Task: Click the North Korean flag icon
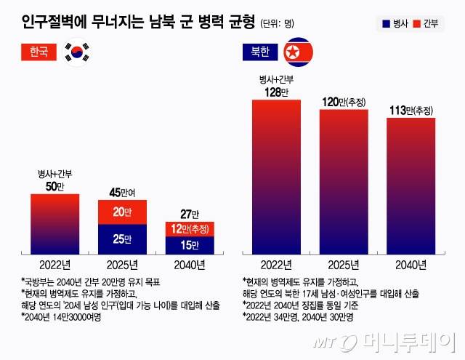point(292,52)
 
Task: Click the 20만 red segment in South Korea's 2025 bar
point(122,212)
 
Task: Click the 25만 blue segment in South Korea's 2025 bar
point(122,238)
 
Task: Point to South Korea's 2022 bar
point(55,223)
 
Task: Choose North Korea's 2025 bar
point(343,181)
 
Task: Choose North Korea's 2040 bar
point(411,185)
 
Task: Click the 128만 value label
point(276,91)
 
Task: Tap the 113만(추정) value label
point(411,110)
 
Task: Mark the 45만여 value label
point(122,192)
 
